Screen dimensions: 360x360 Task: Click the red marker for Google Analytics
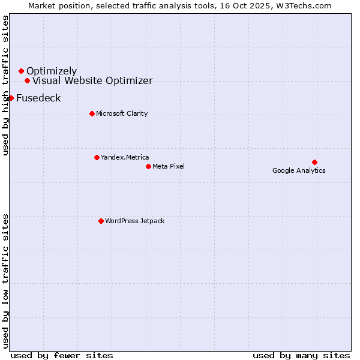(314, 162)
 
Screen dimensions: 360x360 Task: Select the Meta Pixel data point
(148, 166)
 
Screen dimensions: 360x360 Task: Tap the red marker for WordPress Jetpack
(101, 221)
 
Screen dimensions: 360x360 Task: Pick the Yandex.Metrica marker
(97, 157)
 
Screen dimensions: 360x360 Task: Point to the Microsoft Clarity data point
(92, 113)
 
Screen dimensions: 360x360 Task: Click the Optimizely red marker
(21, 71)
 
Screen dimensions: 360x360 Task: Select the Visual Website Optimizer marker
(27, 80)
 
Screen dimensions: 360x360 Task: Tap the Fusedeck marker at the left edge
(11, 98)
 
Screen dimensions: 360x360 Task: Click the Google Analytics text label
(299, 170)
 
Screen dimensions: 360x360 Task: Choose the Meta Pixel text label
(169, 166)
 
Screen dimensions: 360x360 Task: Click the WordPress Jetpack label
(134, 221)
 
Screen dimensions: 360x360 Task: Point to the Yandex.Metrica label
(125, 157)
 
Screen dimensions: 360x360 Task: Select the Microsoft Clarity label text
(122, 113)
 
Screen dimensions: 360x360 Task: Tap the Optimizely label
(52, 71)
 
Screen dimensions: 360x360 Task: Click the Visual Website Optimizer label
(92, 80)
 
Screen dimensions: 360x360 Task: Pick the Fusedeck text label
(38, 98)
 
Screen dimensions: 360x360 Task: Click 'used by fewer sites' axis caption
(62, 355)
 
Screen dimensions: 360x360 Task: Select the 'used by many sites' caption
(301, 355)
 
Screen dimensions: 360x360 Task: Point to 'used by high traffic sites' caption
(5, 85)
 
